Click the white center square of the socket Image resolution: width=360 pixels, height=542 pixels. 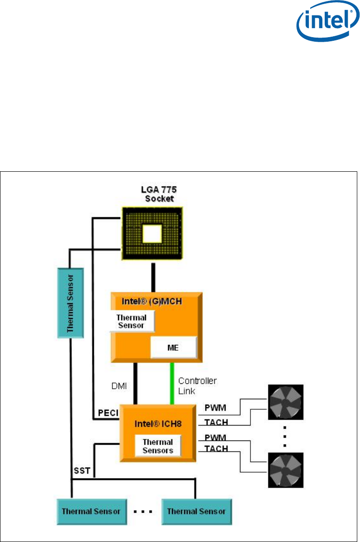pyautogui.click(x=152, y=234)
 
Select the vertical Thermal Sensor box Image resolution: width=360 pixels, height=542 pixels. pyautogui.click(x=70, y=303)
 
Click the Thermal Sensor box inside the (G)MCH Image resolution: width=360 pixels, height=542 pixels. pyautogui.click(x=131, y=321)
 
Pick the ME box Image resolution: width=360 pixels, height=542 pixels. pyautogui.click(x=174, y=348)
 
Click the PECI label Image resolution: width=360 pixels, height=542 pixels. pyautogui.click(x=108, y=413)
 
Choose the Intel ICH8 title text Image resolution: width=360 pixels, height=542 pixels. pyautogui.click(x=158, y=424)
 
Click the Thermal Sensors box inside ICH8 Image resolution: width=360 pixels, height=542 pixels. pyautogui.click(x=158, y=446)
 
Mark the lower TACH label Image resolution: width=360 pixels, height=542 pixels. pyautogui.click(x=216, y=448)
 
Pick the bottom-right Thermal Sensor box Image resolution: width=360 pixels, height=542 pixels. pyautogui.click(x=197, y=511)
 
